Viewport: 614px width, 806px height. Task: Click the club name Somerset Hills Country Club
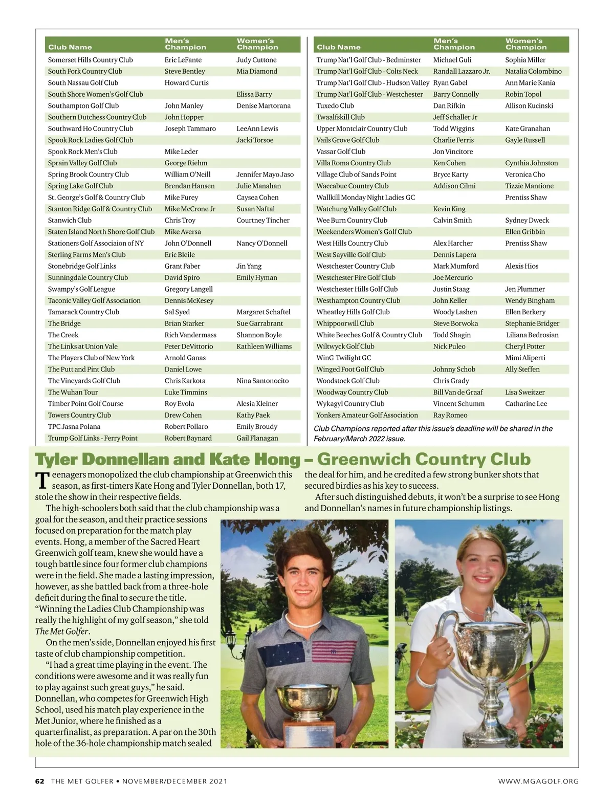pyautogui.click(x=90, y=60)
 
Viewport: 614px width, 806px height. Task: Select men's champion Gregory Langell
pyautogui.click(x=188, y=289)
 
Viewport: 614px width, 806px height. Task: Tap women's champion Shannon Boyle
pyautogui.click(x=259, y=335)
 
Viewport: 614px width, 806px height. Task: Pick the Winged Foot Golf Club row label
pyautogui.click(x=350, y=369)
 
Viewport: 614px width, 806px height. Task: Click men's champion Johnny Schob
pyautogui.click(x=454, y=369)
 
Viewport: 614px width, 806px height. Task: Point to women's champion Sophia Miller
pyautogui.click(x=525, y=60)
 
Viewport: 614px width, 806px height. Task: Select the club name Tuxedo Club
pyautogui.click(x=335, y=105)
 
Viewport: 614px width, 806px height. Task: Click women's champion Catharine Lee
pyautogui.click(x=526, y=403)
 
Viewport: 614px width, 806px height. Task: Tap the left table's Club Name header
pyautogui.click(x=70, y=47)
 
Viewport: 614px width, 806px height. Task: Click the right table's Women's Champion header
pyautogui.click(x=526, y=44)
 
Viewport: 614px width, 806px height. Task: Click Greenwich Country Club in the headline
pyautogui.click(x=424, y=459)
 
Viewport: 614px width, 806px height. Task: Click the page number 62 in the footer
pyautogui.click(x=40, y=781)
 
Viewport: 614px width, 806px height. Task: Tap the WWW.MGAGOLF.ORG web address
pyautogui.click(x=538, y=781)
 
